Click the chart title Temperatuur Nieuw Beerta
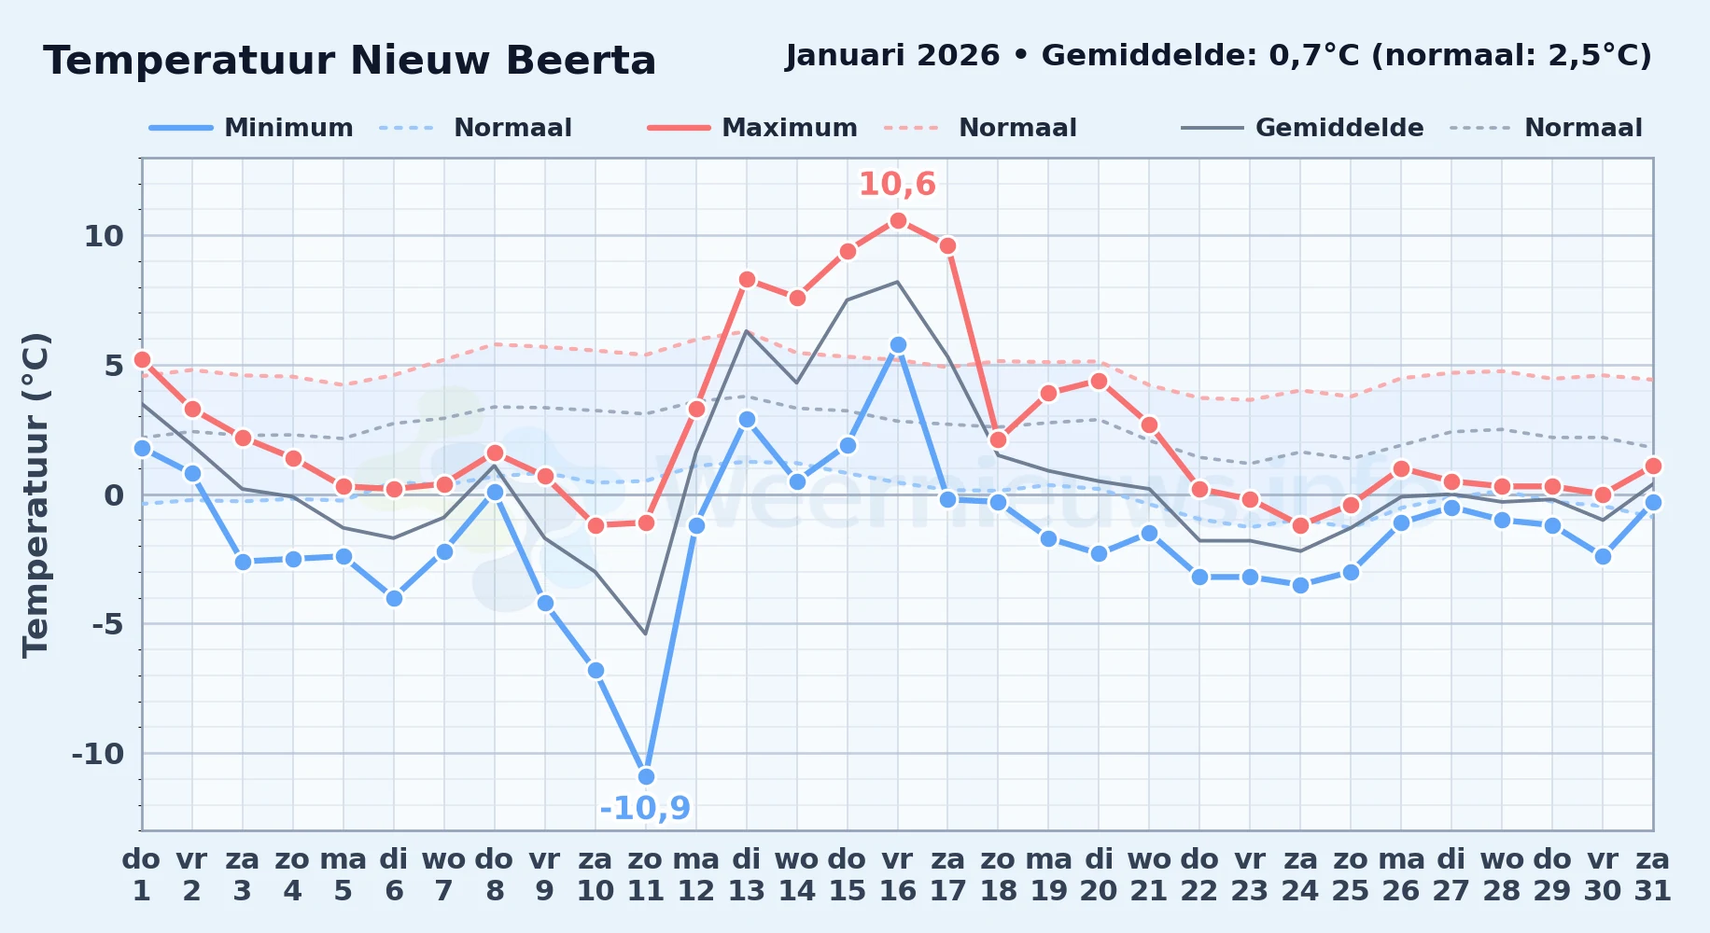(x=350, y=61)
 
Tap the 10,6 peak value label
(x=897, y=184)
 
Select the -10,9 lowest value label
(x=645, y=808)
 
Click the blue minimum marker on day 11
(x=646, y=776)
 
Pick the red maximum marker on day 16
(x=898, y=220)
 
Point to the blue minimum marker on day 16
(x=898, y=344)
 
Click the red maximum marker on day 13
(x=747, y=279)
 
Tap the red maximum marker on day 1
(x=142, y=359)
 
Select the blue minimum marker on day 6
(x=394, y=598)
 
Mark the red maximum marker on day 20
(x=1099, y=381)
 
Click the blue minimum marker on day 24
(x=1300, y=585)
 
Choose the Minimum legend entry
(x=251, y=128)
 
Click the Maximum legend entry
(x=752, y=128)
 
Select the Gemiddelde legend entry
(x=1302, y=128)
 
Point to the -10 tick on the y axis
(x=98, y=754)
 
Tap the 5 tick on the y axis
(x=114, y=366)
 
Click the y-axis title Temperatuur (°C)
(x=35, y=494)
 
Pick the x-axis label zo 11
(x=645, y=875)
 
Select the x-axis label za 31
(x=1652, y=875)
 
